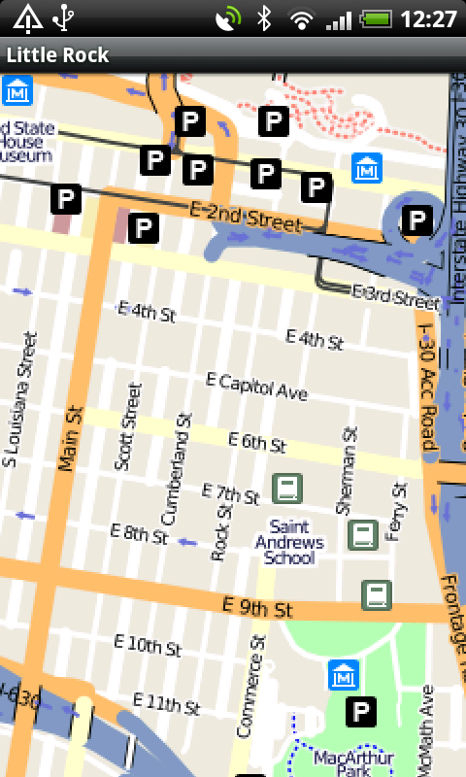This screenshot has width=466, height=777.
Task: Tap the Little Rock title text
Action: (x=58, y=55)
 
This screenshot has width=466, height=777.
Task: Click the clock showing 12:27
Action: (x=427, y=17)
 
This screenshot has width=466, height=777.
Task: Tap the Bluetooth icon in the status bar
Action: (x=263, y=17)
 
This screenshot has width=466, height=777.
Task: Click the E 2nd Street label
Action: (x=245, y=217)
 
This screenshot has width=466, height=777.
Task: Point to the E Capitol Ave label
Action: (x=257, y=386)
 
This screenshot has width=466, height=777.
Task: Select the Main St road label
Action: (x=66, y=439)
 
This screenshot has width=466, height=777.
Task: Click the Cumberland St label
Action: (x=178, y=472)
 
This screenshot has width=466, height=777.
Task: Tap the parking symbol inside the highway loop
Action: (x=416, y=220)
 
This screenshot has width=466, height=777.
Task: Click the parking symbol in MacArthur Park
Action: (x=362, y=712)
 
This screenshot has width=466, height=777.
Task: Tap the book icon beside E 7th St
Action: (x=285, y=488)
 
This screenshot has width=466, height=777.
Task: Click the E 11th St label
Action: (x=166, y=703)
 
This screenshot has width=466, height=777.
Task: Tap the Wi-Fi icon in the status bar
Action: (x=303, y=17)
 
